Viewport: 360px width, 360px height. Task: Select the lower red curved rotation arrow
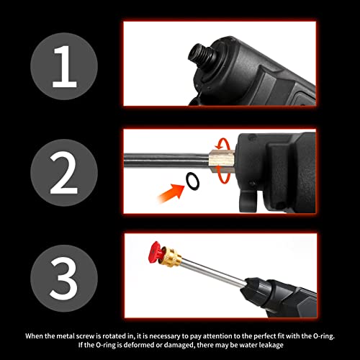(x=228, y=173)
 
